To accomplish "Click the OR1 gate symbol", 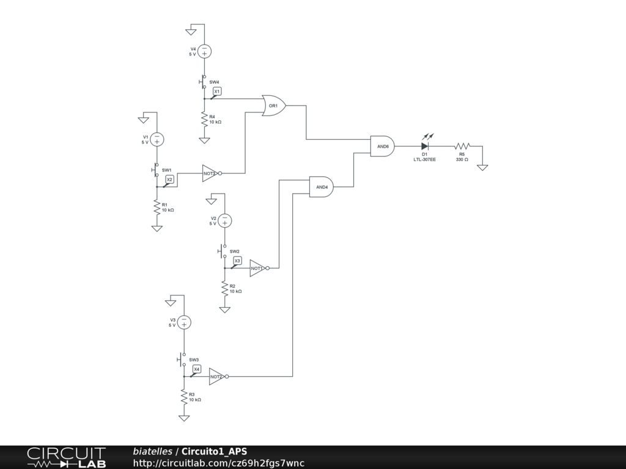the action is tap(273, 106).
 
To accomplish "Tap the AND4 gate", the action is tap(322, 187).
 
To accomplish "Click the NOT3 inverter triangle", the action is tap(210, 173).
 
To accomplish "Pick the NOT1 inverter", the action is tap(257, 268).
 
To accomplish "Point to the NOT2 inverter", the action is tap(216, 377).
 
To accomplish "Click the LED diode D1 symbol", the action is tap(425, 147).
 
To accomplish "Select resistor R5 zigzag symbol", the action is tap(462, 147).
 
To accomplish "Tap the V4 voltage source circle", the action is tap(204, 51).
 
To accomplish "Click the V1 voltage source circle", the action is tap(157, 139).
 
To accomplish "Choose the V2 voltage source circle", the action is tap(225, 220).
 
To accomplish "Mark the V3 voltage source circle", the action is tap(184, 322).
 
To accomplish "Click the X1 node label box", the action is tap(217, 91).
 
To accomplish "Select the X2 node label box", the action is tap(170, 179).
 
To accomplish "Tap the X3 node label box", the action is tap(238, 261).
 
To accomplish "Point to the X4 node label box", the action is tap(197, 369).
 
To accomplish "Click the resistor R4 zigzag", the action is tap(204, 120).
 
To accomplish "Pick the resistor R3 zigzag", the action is tap(184, 397).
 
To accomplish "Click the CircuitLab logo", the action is tap(66, 457).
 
